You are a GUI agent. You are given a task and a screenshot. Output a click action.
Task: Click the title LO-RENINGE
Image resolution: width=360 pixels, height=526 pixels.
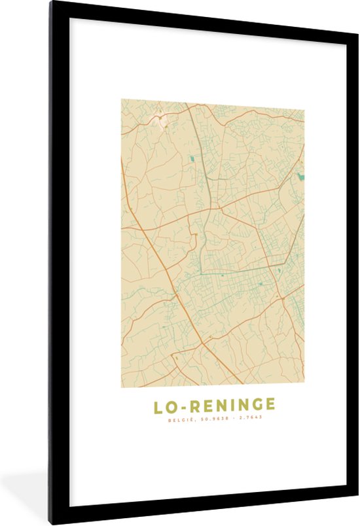coord(214,406)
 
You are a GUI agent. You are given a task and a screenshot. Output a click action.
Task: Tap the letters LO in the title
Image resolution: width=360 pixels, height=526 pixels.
coord(164,406)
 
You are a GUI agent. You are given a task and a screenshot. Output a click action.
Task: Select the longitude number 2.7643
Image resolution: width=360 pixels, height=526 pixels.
coord(249,418)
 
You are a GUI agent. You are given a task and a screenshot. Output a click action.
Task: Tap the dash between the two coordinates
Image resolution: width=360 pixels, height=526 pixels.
coord(230,418)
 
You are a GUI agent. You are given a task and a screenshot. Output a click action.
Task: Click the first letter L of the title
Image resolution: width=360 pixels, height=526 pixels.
coord(158,406)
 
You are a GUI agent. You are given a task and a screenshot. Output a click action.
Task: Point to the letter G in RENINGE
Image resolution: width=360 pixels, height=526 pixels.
coord(253,406)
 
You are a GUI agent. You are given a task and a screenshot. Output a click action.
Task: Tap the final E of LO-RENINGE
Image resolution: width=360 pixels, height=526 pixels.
coord(270,406)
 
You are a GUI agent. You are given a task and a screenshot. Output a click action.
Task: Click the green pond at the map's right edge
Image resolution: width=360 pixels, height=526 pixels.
coord(300,176)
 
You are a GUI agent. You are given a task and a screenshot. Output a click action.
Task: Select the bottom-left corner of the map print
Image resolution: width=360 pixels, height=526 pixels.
coord(122,384)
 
